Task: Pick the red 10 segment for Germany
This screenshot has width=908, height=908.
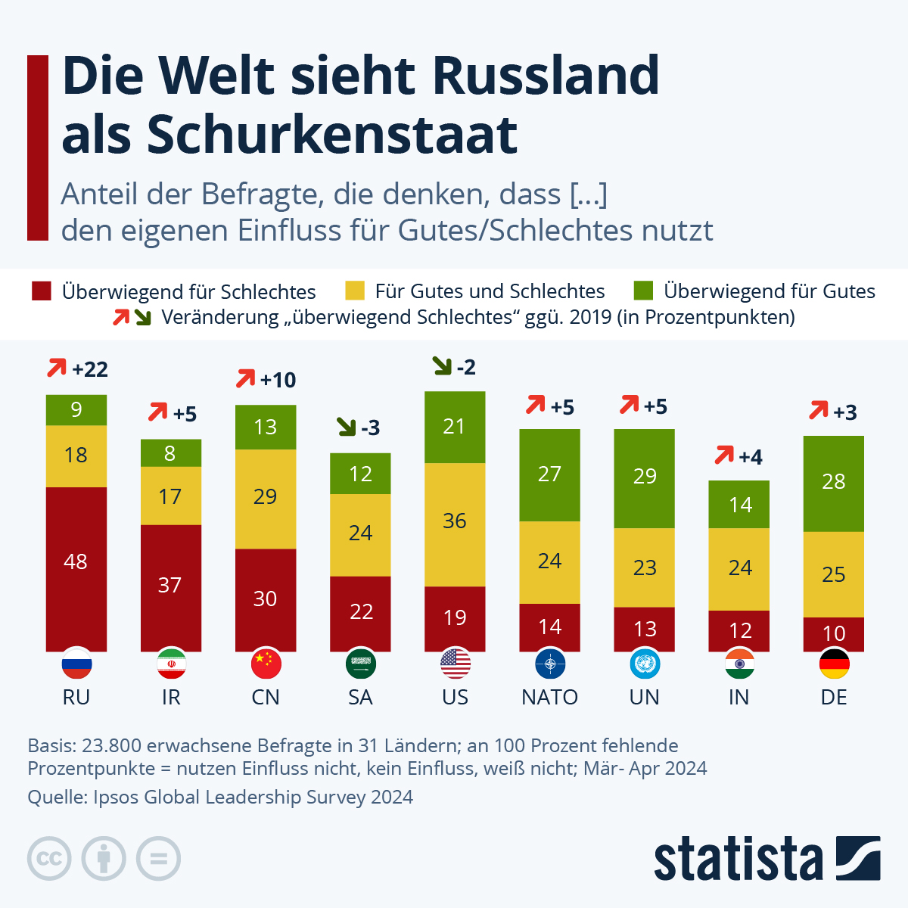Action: coord(833,634)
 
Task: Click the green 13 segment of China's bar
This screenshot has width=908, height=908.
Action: coord(266,428)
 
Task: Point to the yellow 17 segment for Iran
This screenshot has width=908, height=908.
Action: coord(171,496)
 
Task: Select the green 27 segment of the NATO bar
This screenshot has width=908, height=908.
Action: coord(549,475)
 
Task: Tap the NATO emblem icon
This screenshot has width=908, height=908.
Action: coord(549,664)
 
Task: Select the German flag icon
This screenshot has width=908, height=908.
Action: coord(834,664)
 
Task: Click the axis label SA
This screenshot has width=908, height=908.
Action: coord(360,697)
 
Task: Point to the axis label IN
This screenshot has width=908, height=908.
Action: coord(739,697)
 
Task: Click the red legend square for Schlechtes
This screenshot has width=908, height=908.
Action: coord(42,291)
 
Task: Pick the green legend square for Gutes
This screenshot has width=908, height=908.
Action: coord(643,291)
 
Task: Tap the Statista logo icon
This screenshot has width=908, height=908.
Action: coord(858,858)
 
